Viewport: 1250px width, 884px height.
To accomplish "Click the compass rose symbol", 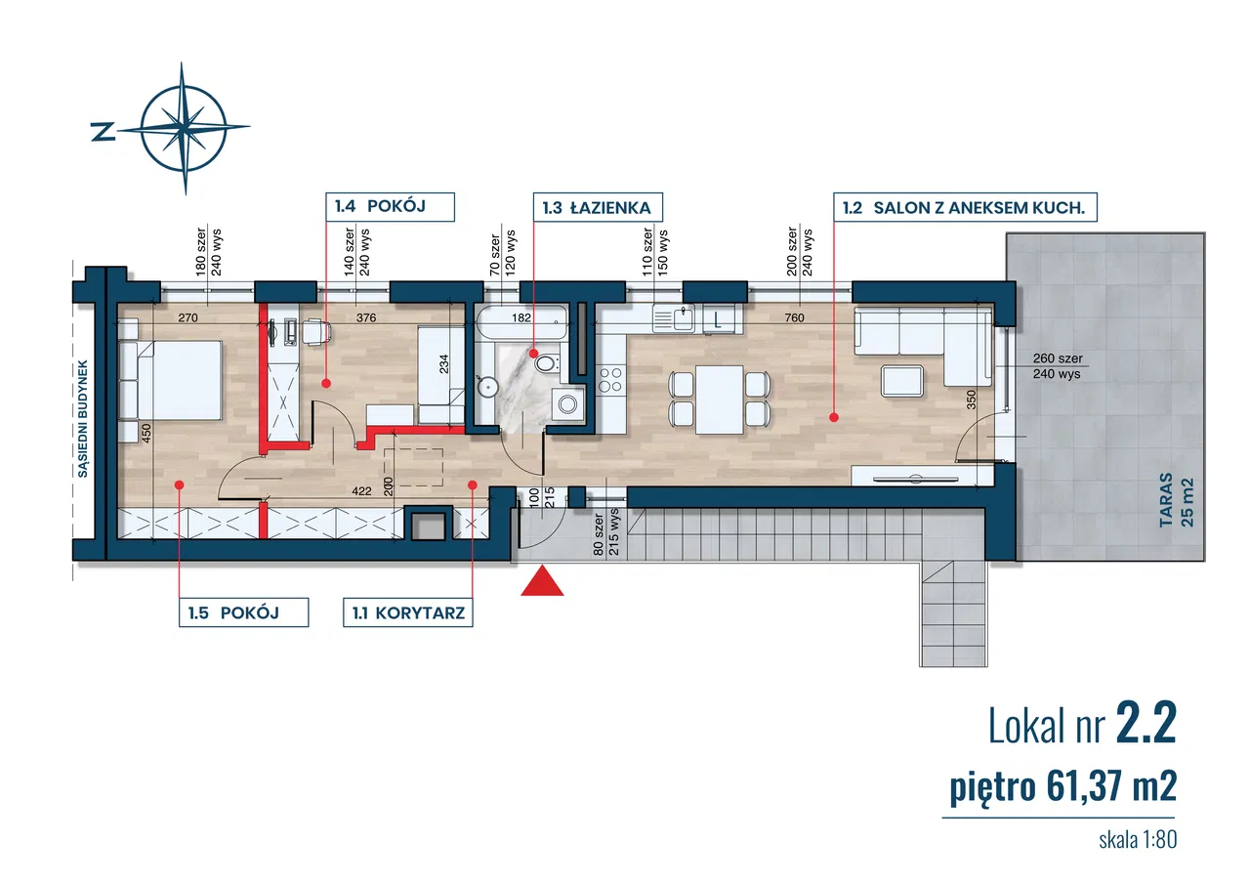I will coord(186,128).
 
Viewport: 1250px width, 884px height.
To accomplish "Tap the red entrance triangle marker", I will coord(542,583).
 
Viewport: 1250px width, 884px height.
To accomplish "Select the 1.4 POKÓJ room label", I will coord(390,206).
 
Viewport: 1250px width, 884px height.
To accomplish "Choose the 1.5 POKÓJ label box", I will coord(243,612).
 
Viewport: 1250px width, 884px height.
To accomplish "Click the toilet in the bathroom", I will coord(546,364).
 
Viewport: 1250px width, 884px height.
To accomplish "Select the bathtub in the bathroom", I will coord(521,324).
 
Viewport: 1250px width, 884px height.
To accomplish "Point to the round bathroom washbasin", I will coord(486,387).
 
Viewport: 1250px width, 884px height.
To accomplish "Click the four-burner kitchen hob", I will coord(610,379).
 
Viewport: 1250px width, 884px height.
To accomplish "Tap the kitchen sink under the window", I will coord(673,318).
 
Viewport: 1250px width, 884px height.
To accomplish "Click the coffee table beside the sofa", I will coord(902,379).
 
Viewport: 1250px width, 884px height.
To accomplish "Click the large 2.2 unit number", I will coord(1145,726).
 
